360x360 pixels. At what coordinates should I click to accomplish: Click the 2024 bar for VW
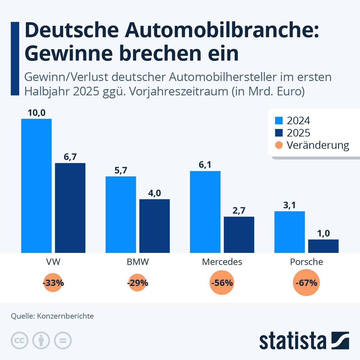[x=36, y=186]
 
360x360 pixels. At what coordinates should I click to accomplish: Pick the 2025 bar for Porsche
[x=323, y=246]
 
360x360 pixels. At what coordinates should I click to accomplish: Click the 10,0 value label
[x=36, y=113]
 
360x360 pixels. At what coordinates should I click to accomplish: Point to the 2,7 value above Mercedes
[x=239, y=211]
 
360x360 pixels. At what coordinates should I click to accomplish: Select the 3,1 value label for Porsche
[x=289, y=205]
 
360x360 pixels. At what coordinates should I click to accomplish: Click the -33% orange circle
[x=53, y=283]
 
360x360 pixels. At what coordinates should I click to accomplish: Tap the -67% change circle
[x=306, y=283]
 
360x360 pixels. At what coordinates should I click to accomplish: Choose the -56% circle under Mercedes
[x=222, y=283]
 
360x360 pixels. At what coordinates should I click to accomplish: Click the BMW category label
[x=138, y=262]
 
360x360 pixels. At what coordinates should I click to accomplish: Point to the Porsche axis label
[x=306, y=262]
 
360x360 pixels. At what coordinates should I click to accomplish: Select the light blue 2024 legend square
[x=279, y=120]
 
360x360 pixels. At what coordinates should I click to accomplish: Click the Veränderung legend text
[x=318, y=145]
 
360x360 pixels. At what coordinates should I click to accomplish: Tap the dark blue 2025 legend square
[x=279, y=133]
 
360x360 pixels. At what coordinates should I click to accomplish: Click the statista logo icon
[x=340, y=340]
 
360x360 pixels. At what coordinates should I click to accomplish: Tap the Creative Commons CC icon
[x=19, y=340]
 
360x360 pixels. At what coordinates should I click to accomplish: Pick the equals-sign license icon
[x=63, y=340]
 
